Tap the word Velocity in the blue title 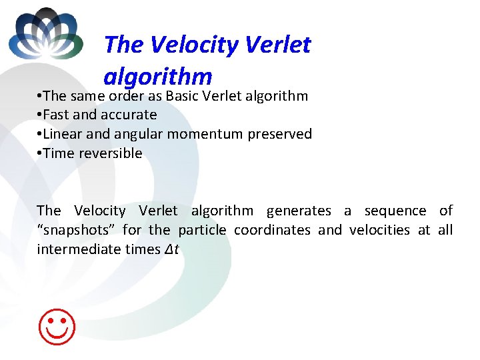[x=194, y=45]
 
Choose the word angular [x=138, y=134]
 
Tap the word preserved [x=279, y=134]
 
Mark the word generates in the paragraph [x=298, y=211]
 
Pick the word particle [x=202, y=230]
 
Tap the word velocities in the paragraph [x=379, y=230]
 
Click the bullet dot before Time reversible [x=40, y=153]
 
